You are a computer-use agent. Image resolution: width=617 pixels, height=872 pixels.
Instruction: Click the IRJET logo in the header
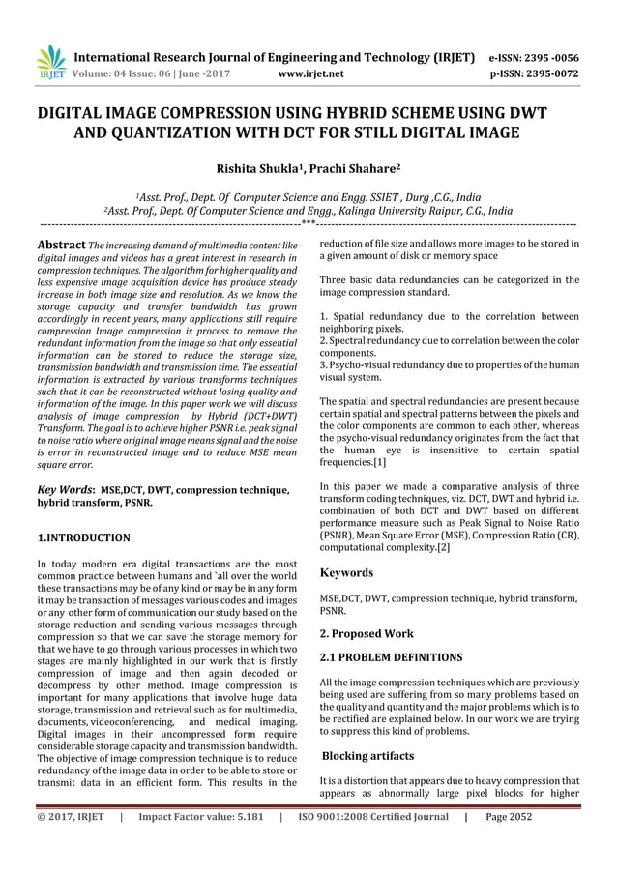[48, 61]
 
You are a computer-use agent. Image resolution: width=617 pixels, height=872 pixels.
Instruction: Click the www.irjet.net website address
[307, 72]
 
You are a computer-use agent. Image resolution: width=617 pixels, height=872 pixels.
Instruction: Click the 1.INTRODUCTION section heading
[82, 537]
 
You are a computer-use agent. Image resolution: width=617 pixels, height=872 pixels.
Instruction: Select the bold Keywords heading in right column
[347, 573]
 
